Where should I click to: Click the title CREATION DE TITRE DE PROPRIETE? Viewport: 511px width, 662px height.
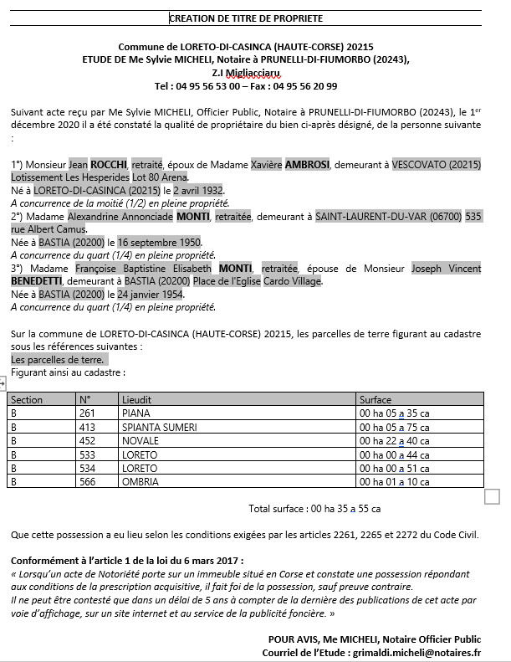click(246, 18)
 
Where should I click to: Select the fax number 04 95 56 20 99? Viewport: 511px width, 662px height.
click(305, 85)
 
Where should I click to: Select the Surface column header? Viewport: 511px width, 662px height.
click(375, 400)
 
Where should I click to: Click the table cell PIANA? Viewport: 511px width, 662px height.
click(135, 413)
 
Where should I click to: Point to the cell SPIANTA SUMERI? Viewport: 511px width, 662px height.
click(159, 427)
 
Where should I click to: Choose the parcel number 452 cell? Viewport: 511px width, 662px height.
click(87, 440)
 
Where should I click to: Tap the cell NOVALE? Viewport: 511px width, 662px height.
click(140, 440)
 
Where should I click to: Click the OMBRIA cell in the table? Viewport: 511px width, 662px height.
click(140, 481)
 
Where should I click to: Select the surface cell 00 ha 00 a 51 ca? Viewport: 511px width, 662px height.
click(388, 468)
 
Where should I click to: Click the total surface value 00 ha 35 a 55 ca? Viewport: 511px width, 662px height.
click(345, 508)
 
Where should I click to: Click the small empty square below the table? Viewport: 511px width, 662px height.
click(492, 497)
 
